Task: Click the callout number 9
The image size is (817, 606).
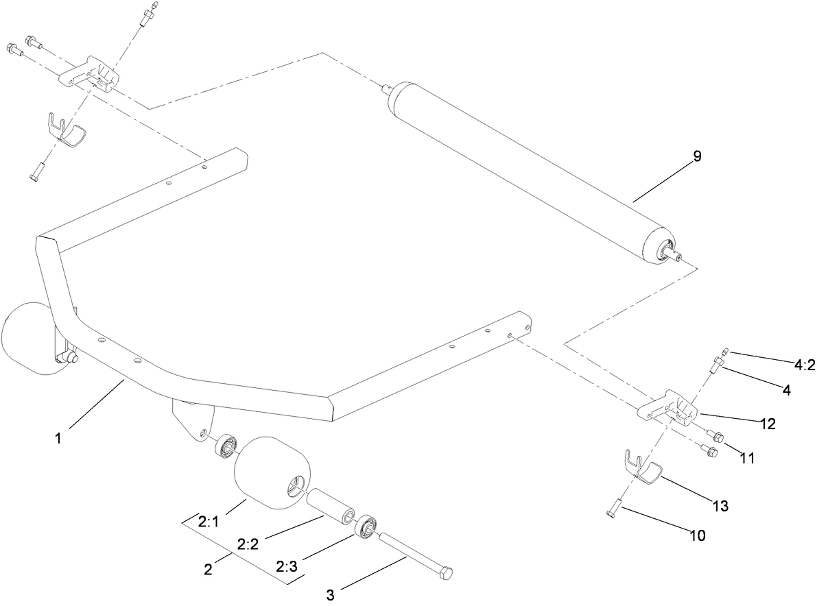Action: tap(696, 157)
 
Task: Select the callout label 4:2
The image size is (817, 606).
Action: tap(801, 365)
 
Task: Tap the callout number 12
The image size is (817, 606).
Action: tap(767, 424)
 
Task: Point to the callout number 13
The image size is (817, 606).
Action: tap(720, 507)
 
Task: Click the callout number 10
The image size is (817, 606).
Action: tap(696, 535)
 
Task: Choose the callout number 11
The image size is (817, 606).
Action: tap(746, 459)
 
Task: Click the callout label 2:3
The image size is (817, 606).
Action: tap(288, 568)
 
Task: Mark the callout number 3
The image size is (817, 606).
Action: tap(331, 592)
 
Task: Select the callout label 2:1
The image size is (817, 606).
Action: tap(208, 522)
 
